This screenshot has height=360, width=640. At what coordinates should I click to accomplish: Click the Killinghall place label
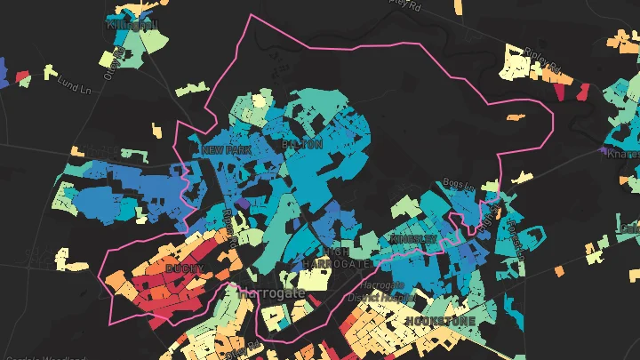[x=132, y=25]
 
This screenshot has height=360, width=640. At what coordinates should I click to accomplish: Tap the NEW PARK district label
[x=226, y=150]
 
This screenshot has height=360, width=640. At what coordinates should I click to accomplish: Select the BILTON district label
[x=301, y=143]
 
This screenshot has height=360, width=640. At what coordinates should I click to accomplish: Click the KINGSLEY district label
[x=413, y=240]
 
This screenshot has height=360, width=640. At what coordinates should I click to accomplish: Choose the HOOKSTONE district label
[x=439, y=320]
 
